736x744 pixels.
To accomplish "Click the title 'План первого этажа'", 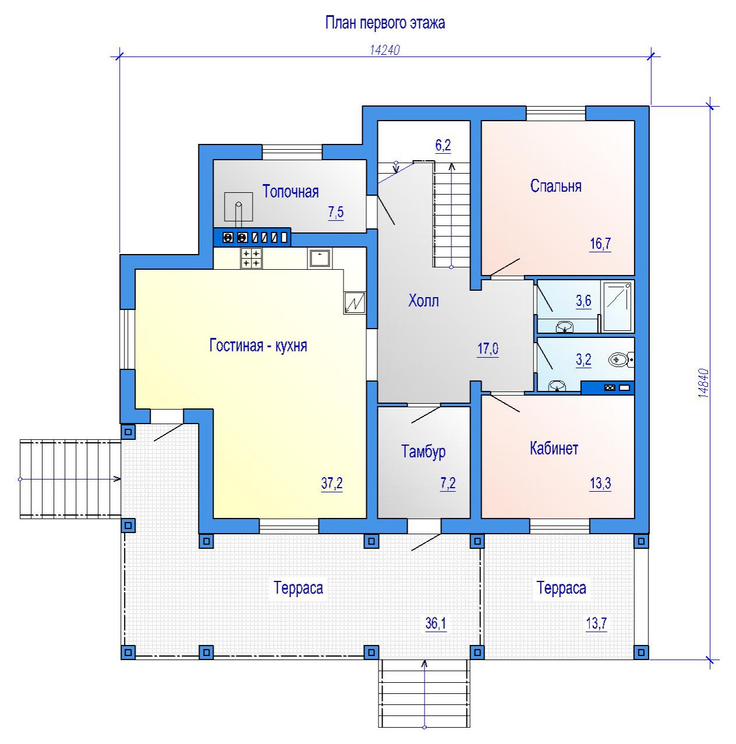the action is [385, 23].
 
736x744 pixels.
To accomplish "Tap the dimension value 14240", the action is [385, 50].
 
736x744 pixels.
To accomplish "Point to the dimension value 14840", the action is [703, 383].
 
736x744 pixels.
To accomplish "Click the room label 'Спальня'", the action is [555, 186].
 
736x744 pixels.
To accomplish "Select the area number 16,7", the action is [600, 244].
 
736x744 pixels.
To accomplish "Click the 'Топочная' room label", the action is [291, 192].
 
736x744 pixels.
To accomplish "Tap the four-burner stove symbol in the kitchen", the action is [251, 258].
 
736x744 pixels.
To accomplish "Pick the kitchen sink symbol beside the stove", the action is [319, 258].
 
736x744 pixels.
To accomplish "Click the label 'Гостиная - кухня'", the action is [258, 345].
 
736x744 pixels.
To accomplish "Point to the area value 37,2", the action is [332, 483].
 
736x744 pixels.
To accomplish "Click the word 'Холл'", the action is [423, 301].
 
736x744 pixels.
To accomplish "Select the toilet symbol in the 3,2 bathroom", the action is [621, 360].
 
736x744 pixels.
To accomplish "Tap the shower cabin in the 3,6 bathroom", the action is [617, 306].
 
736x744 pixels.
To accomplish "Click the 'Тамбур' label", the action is [423, 452].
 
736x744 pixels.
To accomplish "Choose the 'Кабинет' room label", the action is [554, 449].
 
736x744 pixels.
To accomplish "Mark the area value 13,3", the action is [600, 483].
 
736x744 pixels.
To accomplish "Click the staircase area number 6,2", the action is [443, 146].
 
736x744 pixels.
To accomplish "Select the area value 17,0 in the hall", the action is [488, 348].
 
